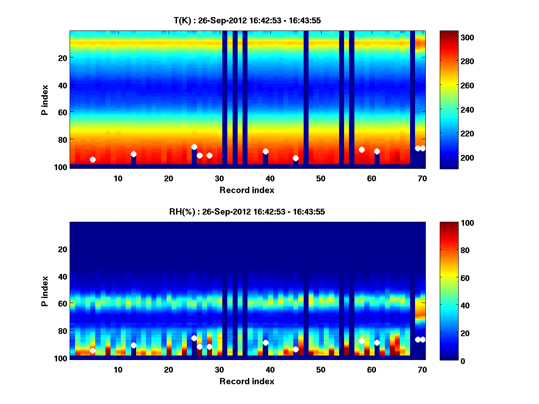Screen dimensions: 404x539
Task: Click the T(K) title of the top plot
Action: point(247,21)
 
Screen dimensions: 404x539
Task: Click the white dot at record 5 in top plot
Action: point(93,159)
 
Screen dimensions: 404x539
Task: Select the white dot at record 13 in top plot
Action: point(133,154)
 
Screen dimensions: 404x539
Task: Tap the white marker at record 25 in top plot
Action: point(194,147)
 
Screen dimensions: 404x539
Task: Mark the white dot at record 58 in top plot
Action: point(362,149)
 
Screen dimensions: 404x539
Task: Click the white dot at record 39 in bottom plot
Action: point(265,343)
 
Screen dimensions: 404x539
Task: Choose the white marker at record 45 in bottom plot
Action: point(296,349)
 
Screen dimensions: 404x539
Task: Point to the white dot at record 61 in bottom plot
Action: point(377,343)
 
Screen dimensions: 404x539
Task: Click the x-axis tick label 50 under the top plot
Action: point(321,179)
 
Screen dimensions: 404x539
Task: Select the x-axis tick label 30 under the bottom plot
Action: point(219,370)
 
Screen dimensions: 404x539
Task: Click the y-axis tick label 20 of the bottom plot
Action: point(62,249)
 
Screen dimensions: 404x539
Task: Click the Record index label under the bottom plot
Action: point(247,381)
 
